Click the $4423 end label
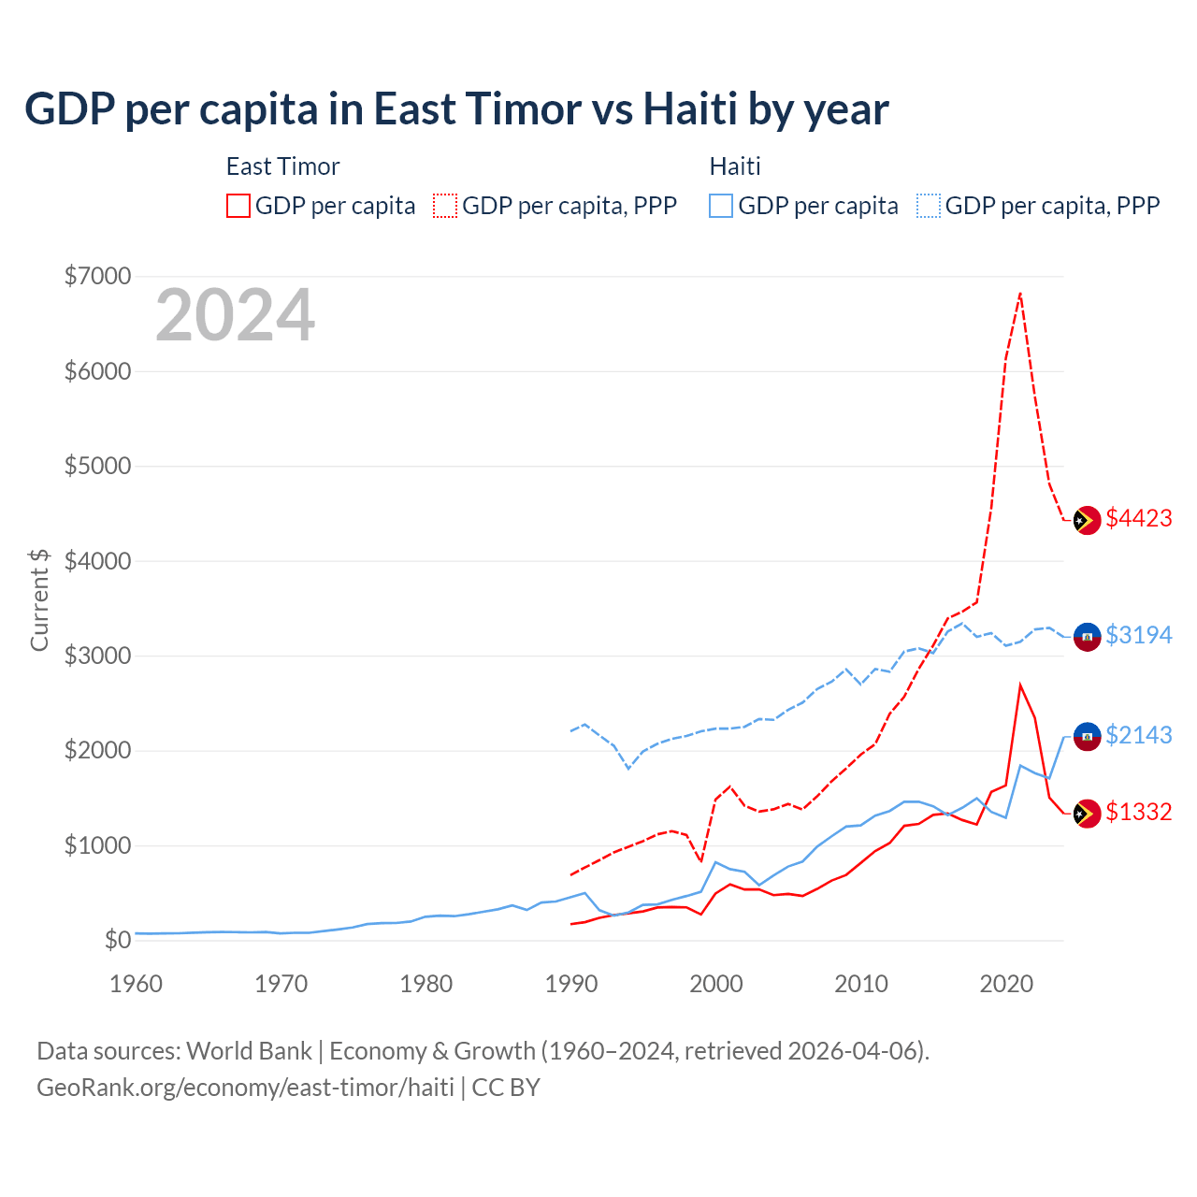(1138, 519)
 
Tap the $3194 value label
(1138, 636)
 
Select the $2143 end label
(1138, 736)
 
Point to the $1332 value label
(1138, 813)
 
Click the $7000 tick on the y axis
(97, 277)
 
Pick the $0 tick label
(117, 941)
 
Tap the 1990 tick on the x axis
(571, 985)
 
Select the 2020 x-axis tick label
(1006, 985)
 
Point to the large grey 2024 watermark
(235, 316)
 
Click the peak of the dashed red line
(1020, 294)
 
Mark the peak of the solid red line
(1020, 685)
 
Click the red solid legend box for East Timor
(238, 206)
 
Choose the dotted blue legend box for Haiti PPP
(929, 206)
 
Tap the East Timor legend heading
(282, 166)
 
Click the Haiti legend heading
(735, 166)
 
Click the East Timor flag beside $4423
(1086, 521)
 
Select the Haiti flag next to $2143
(1086, 737)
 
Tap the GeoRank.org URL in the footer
(245, 1088)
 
